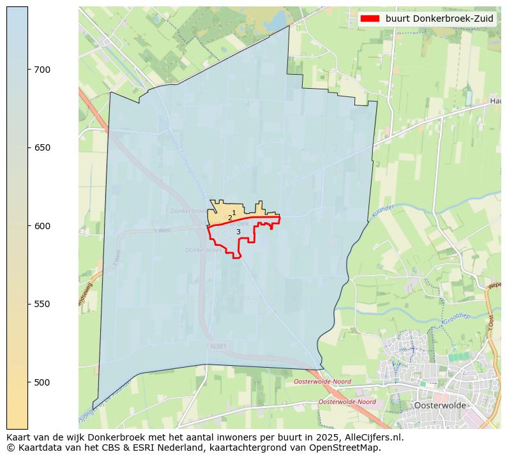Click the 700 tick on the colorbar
(x=42, y=70)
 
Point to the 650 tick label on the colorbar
(x=42, y=147)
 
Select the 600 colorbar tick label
(x=42, y=226)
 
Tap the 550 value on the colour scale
(x=42, y=304)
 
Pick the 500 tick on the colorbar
(x=42, y=382)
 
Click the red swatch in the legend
(x=370, y=19)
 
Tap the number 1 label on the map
(x=234, y=213)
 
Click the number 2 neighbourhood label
(x=230, y=218)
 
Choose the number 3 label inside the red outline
(x=238, y=232)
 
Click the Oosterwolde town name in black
(x=440, y=405)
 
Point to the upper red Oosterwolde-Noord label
(x=322, y=382)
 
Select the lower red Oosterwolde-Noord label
(x=347, y=402)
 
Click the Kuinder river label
(x=382, y=213)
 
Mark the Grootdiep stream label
(x=457, y=317)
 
